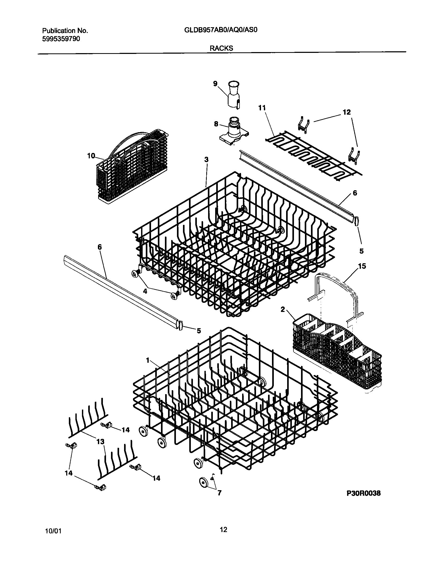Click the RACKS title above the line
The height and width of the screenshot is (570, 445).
(221, 48)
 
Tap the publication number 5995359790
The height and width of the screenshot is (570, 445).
(61, 39)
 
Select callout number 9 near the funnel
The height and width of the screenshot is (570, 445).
(215, 84)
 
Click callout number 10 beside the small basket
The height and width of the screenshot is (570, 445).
(91, 156)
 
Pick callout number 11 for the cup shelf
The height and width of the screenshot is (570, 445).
(262, 108)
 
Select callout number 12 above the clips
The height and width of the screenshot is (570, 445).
(347, 112)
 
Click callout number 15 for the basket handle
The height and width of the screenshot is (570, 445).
(362, 266)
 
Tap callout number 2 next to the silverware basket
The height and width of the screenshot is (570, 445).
(283, 309)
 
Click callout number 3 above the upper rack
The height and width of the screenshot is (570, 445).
(206, 159)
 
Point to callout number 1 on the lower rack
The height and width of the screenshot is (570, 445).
(148, 361)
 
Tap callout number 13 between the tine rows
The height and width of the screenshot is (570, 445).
(100, 442)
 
